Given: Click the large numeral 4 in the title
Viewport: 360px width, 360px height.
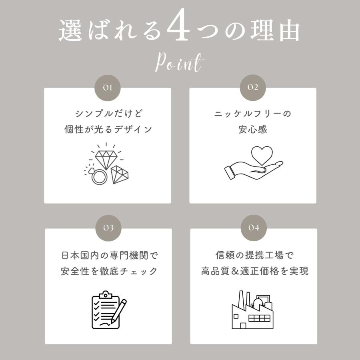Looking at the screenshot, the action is (x=178, y=25).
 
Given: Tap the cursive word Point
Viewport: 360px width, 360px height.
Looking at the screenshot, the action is (x=179, y=62).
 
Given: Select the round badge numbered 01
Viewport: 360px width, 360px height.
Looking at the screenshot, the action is (x=108, y=88).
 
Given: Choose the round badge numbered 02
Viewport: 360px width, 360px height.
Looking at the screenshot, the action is (x=253, y=88).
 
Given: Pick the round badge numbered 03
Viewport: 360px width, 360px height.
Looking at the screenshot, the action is (x=108, y=228).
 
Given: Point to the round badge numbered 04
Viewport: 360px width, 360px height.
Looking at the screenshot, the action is (x=254, y=228).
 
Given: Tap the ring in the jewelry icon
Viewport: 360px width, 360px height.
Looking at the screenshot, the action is (x=99, y=176).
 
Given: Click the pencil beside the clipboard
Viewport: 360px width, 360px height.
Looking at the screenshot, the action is (x=119, y=311).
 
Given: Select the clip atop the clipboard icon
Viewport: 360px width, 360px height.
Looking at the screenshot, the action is (x=105, y=294).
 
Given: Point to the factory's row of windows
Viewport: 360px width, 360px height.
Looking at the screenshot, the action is (x=259, y=318).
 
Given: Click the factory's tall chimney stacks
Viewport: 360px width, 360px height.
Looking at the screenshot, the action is (x=244, y=299).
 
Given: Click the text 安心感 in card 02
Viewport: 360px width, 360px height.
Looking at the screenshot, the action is (x=252, y=129).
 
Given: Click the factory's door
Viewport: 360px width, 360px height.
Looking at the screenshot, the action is (x=243, y=326).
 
